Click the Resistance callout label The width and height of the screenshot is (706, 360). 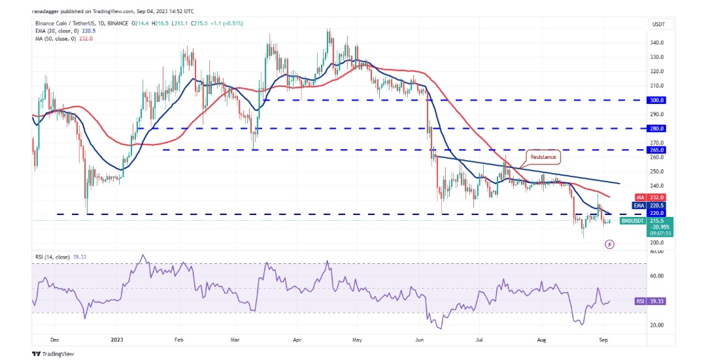click(542, 157)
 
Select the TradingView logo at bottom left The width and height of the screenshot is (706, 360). click(54, 353)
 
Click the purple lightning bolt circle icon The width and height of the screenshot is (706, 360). click(610, 244)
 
